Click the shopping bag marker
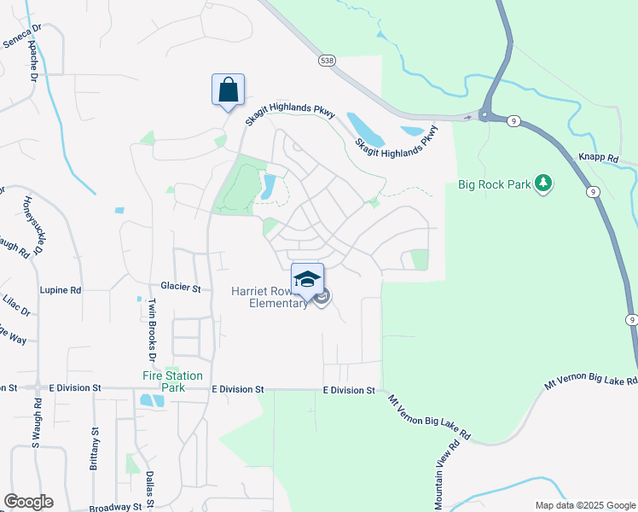coord(228,90)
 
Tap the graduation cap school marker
coord(308,279)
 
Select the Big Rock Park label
coord(494,183)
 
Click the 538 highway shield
coord(327,61)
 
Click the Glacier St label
coord(180,288)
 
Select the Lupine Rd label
coord(62,290)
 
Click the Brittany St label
coord(94,449)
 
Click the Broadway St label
coord(114,508)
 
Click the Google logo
coord(28,502)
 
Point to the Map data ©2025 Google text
coord(584,505)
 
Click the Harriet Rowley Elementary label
coord(268,297)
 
